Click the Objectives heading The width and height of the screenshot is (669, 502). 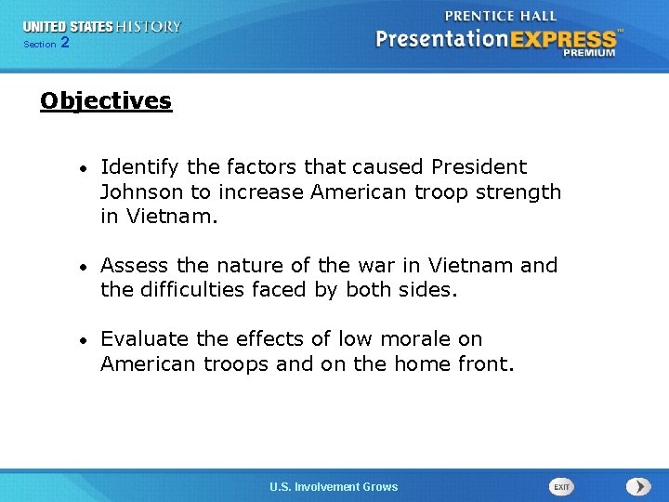coord(106,100)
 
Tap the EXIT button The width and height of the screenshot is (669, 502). coord(561,486)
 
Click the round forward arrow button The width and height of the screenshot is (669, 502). coord(637,486)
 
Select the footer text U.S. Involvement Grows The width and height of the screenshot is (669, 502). coord(334,486)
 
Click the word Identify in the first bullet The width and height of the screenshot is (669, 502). coord(140,167)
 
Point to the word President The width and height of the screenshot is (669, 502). coord(479,167)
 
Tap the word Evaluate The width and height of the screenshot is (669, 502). coord(144,339)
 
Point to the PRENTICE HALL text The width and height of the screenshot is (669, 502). coord(501,16)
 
